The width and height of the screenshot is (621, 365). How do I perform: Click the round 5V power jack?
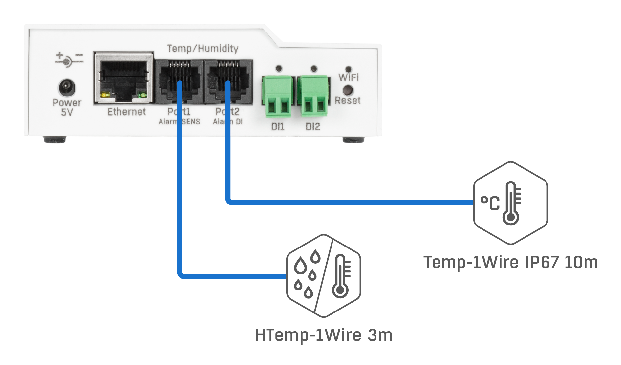(67, 88)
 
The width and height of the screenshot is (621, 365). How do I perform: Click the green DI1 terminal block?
(278, 96)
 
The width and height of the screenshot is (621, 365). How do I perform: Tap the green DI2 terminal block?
(313, 96)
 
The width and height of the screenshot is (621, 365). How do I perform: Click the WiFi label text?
(349, 77)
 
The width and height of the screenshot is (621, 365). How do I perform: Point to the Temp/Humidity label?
(203, 49)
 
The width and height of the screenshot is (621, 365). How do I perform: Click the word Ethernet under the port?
(126, 112)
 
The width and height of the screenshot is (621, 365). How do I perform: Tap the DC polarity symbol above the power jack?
(69, 59)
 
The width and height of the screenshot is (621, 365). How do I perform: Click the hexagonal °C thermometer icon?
(510, 203)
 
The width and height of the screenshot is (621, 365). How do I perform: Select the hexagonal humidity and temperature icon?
(324, 276)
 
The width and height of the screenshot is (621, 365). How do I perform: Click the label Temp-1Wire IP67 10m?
(510, 262)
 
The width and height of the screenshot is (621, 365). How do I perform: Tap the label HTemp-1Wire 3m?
(324, 335)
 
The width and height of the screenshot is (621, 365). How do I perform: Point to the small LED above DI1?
(279, 69)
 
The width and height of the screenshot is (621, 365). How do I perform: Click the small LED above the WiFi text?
(349, 69)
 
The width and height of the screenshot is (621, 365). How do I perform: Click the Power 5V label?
(67, 107)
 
